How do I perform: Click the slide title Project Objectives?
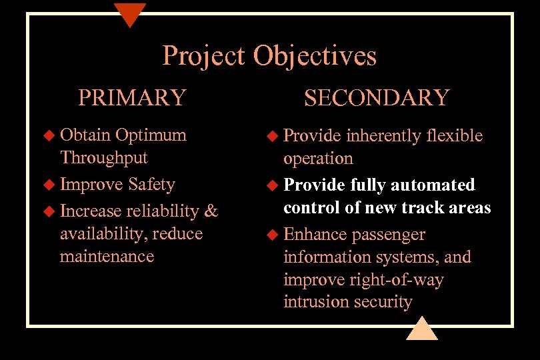click(269, 56)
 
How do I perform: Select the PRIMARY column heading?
click(131, 97)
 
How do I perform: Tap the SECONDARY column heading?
click(377, 97)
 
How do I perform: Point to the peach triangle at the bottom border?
click(421, 329)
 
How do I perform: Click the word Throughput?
click(103, 158)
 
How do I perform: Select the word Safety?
click(151, 185)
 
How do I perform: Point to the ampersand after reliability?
click(211, 211)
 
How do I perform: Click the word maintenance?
click(107, 257)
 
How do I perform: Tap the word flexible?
click(455, 136)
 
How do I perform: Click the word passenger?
click(389, 235)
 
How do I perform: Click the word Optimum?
click(151, 135)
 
